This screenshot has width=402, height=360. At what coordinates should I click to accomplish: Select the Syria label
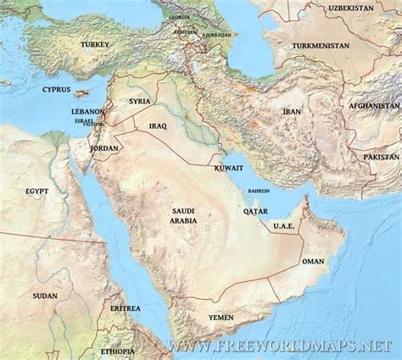coord(139,102)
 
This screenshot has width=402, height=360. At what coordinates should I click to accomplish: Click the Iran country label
coord(293,111)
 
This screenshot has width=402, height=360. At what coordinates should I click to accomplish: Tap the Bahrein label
coord(260,191)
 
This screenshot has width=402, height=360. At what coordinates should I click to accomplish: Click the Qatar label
coord(255,211)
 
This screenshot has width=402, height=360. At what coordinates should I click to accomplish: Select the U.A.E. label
coord(282,226)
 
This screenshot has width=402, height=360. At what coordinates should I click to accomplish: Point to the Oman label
coord(313,262)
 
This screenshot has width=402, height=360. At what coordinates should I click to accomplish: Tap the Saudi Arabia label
coord(184,214)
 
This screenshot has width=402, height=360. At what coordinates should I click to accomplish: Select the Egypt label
coord(37,191)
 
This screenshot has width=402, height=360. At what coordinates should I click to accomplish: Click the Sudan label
coord(45,296)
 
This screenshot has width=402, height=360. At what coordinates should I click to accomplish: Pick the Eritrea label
coord(125,309)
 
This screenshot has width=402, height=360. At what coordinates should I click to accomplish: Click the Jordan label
coord(105,147)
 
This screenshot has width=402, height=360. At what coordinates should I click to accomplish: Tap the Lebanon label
coord(88,111)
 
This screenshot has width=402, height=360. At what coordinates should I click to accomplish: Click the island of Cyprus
coord(81,92)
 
